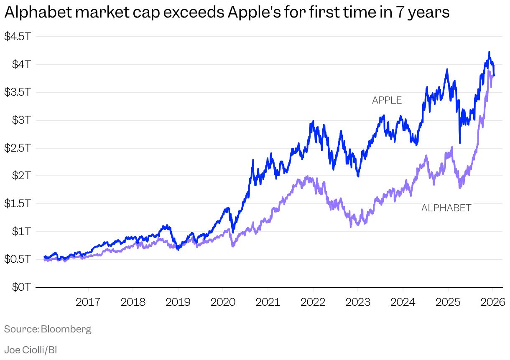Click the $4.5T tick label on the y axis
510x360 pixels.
click(17, 37)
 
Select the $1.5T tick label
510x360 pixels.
click(17, 204)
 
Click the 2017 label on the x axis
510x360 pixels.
click(88, 302)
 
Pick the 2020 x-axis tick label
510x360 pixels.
click(223, 302)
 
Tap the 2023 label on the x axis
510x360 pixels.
click(358, 302)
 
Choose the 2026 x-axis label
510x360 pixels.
click(492, 302)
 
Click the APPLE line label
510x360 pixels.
click(387, 100)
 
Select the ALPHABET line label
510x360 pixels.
click(446, 208)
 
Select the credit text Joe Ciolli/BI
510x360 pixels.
click(30, 350)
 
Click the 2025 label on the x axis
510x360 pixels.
click(448, 302)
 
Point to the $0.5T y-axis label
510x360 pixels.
click(17, 259)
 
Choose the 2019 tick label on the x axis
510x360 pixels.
click(178, 302)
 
